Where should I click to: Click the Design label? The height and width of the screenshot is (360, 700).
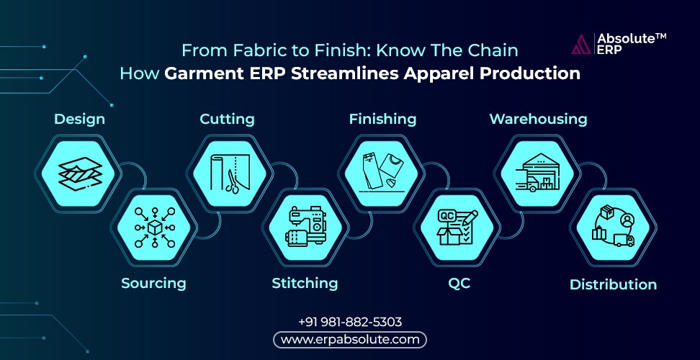79,119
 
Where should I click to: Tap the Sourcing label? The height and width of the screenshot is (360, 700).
153,283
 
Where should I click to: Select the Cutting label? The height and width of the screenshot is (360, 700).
227,119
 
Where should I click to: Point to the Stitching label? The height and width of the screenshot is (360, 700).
305,283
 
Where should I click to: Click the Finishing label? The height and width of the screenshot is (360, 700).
382,119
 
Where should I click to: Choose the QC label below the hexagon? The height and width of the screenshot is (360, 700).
459,284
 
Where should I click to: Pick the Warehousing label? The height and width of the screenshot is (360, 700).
538,119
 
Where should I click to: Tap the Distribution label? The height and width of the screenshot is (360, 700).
613,284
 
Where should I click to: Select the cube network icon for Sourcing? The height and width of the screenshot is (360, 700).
154,228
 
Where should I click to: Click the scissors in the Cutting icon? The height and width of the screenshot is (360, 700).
232,181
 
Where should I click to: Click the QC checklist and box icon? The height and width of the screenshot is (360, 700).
458,227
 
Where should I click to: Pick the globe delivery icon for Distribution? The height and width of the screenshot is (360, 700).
614,227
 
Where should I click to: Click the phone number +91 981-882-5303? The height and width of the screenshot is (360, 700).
350,322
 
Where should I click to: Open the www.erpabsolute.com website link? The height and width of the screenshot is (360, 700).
350,340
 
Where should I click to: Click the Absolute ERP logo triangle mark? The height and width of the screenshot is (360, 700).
581,44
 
